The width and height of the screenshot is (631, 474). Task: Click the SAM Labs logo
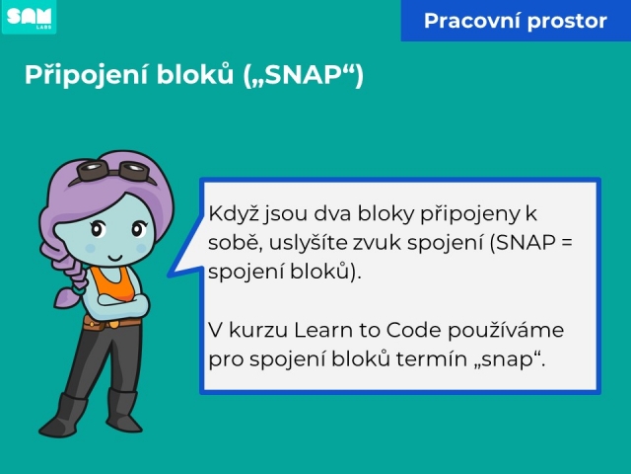[29, 17]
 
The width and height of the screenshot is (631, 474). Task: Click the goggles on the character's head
[113, 171]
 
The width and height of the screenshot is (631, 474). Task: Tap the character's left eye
[98, 229]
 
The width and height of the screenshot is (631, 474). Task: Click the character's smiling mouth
[115, 257]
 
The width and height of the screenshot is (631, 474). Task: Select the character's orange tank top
[112, 283]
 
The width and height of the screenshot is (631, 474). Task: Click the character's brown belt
[111, 323]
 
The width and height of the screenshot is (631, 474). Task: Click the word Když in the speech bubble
[234, 213]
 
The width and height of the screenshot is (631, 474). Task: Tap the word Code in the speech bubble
[413, 330]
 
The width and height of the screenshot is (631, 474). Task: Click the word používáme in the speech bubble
[506, 331]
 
